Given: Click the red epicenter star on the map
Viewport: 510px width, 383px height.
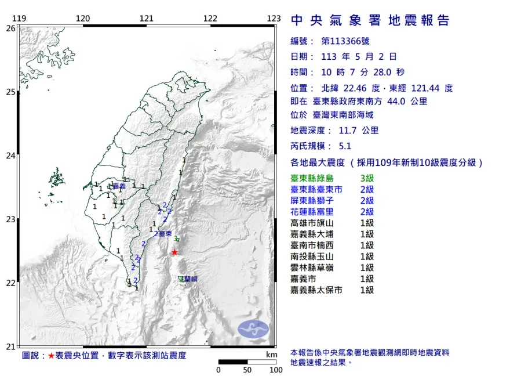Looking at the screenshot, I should point(174,252).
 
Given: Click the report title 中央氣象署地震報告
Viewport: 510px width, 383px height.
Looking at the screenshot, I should point(370,21).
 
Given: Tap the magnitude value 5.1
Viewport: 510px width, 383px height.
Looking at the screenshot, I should point(345,147).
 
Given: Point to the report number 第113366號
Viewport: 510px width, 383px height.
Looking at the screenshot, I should point(345,41).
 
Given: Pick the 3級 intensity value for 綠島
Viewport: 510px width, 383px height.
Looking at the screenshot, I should point(367,179).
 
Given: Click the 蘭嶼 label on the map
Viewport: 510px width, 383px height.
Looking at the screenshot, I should point(191,279).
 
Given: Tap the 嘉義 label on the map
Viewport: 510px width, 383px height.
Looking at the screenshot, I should point(119,187).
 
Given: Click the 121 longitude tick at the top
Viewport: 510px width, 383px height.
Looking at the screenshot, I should point(146,18).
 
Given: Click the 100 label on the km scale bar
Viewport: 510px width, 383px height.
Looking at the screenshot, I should point(275,370).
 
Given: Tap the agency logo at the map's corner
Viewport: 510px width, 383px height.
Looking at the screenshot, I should point(254,329).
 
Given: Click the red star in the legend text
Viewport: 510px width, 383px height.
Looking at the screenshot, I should point(51,356).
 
